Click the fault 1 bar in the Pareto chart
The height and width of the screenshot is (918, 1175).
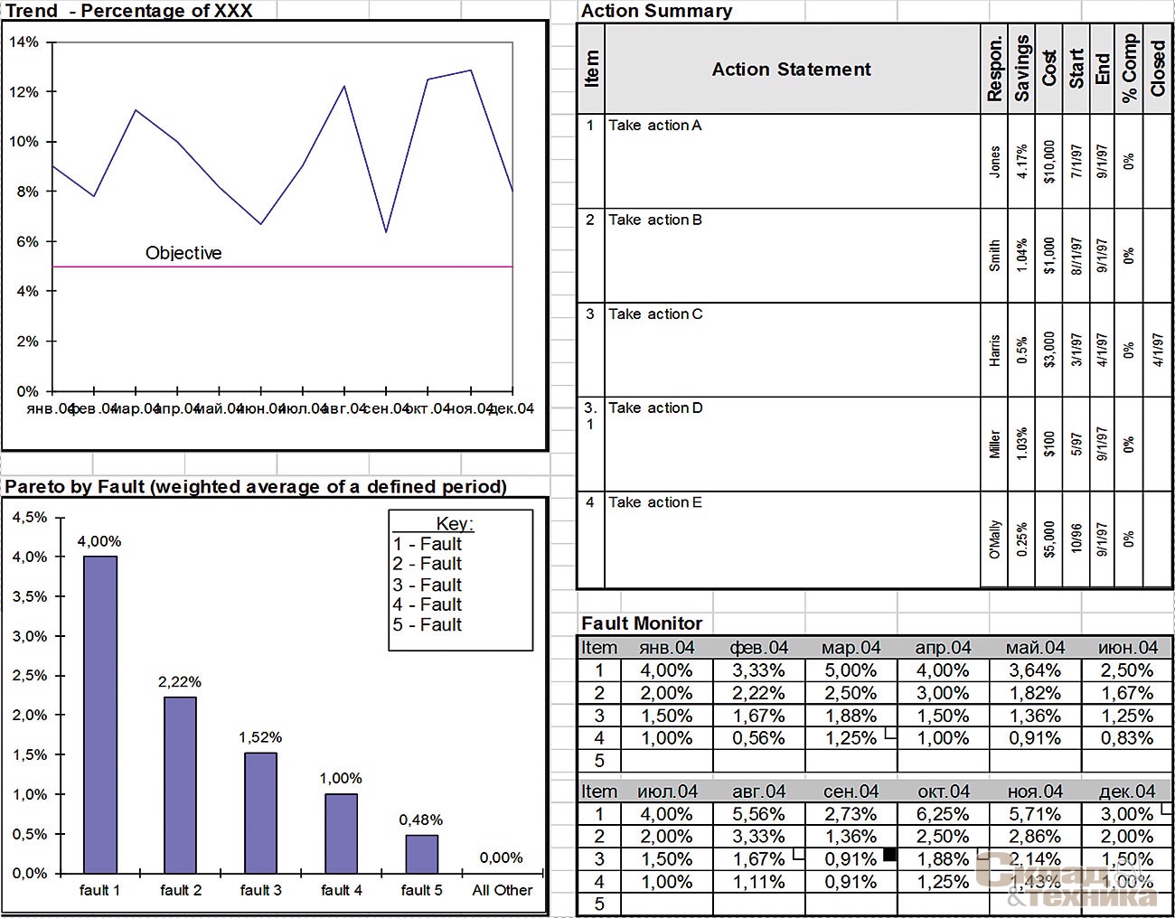100,714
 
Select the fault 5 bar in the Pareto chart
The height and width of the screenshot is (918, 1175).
421,854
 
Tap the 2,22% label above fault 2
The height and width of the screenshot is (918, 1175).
180,682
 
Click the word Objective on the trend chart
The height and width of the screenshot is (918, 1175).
183,253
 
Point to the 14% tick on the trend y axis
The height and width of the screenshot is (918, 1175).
24,42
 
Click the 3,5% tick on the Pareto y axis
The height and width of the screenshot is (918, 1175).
30,596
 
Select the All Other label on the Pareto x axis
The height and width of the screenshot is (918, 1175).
503,890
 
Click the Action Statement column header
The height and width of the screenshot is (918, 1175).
791,70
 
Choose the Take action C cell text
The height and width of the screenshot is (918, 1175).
655,314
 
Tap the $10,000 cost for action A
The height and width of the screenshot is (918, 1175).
1048,162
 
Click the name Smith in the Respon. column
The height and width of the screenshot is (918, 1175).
994,256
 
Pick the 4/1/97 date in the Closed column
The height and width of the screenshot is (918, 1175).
1158,350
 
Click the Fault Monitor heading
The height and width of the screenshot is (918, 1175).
642,623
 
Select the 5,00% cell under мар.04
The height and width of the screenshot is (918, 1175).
851,670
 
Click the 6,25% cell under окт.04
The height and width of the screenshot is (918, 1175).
943,814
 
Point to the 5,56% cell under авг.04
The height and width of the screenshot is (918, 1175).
758,814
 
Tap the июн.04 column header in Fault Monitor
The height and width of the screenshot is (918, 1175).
1127,648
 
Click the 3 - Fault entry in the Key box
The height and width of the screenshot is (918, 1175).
428,585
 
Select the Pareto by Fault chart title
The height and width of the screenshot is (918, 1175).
256,487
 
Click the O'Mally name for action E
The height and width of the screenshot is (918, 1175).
994,539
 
